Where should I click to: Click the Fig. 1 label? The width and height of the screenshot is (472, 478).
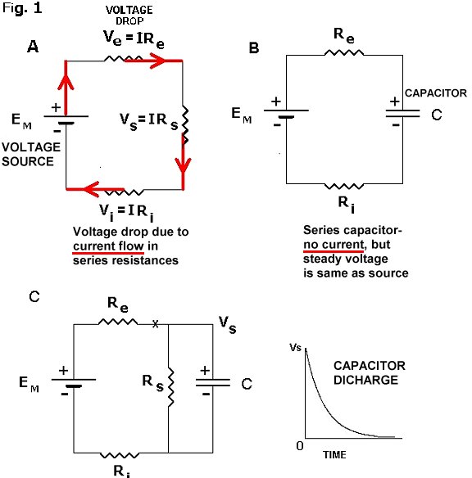[x=22, y=8]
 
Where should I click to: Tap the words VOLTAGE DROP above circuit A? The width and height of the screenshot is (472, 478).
[x=129, y=16]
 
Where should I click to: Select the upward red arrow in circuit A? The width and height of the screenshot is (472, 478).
[x=66, y=88]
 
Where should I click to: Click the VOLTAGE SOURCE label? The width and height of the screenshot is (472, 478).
[x=31, y=154]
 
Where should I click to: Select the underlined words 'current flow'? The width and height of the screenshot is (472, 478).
[x=108, y=246]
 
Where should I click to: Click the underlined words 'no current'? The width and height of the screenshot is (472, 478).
[x=334, y=245]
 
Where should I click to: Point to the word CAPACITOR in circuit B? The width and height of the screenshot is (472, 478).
[x=436, y=93]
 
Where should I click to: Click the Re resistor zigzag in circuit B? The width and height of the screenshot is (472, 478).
[x=344, y=53]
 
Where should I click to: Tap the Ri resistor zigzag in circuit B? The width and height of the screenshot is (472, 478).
[x=344, y=186]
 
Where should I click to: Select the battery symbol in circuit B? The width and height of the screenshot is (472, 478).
[x=286, y=113]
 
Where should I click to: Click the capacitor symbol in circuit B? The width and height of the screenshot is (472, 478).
[x=402, y=114]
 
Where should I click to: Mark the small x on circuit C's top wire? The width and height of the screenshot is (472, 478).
[x=156, y=323]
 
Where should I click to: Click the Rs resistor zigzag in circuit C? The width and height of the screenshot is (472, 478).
[x=171, y=387]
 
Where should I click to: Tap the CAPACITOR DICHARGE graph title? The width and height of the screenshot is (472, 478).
[x=370, y=373]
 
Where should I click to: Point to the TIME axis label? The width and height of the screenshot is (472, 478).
[x=334, y=455]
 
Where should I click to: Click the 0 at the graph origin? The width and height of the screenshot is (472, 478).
[x=300, y=446]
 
